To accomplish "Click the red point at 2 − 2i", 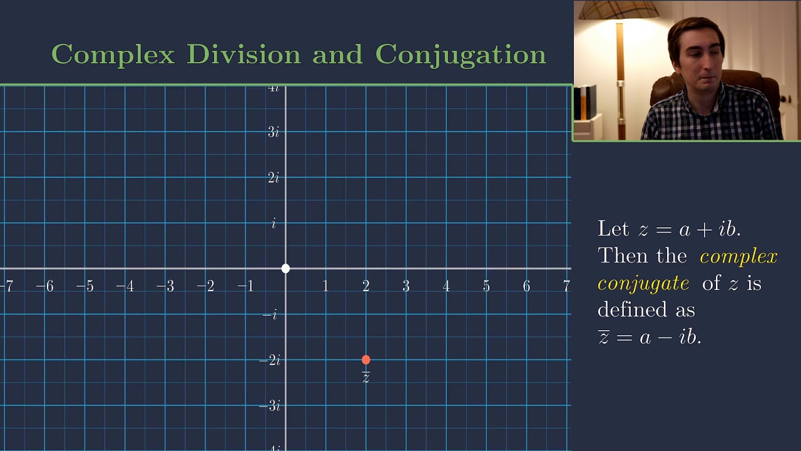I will tap(366, 360).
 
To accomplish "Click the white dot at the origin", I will tap(285, 269).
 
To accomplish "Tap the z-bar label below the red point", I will tap(366, 376).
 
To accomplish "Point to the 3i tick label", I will tap(273, 132).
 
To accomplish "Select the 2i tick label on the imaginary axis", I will tap(273, 178).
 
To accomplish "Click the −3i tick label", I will tap(270, 406).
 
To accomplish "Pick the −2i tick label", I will tap(270, 360).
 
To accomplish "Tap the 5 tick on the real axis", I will tap(486, 286).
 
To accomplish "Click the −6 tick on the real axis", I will tap(44, 286).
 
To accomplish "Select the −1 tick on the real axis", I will tap(245, 286).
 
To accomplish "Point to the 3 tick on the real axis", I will tap(406, 286).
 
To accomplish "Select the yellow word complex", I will tap(738, 257).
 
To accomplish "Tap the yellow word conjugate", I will tap(643, 284).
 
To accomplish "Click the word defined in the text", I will tap(631, 309).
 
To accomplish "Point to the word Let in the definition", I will tap(613, 229).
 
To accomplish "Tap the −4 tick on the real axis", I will tap(125, 286).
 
